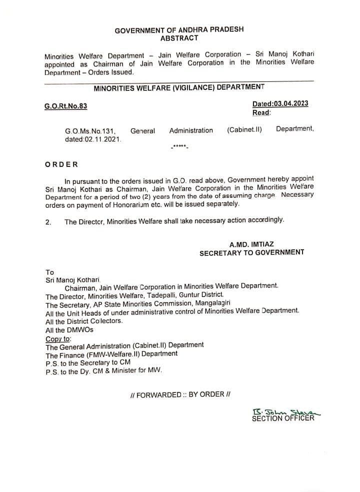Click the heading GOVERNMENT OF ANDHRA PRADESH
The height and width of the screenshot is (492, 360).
point(179,30)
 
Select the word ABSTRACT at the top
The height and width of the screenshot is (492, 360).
point(179,38)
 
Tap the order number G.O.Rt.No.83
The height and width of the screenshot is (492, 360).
point(62,106)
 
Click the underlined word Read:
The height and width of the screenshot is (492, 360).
point(261,113)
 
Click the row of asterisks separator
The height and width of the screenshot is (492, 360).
point(178,147)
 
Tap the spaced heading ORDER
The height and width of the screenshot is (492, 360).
point(61,164)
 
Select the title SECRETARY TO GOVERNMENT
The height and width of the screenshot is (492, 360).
point(251,253)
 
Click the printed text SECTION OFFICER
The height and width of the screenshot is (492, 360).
point(283,418)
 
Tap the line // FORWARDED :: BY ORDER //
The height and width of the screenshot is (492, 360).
point(179,394)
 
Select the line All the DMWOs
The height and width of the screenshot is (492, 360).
point(69,330)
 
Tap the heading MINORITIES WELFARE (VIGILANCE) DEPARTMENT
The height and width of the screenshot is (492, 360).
point(179,88)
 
